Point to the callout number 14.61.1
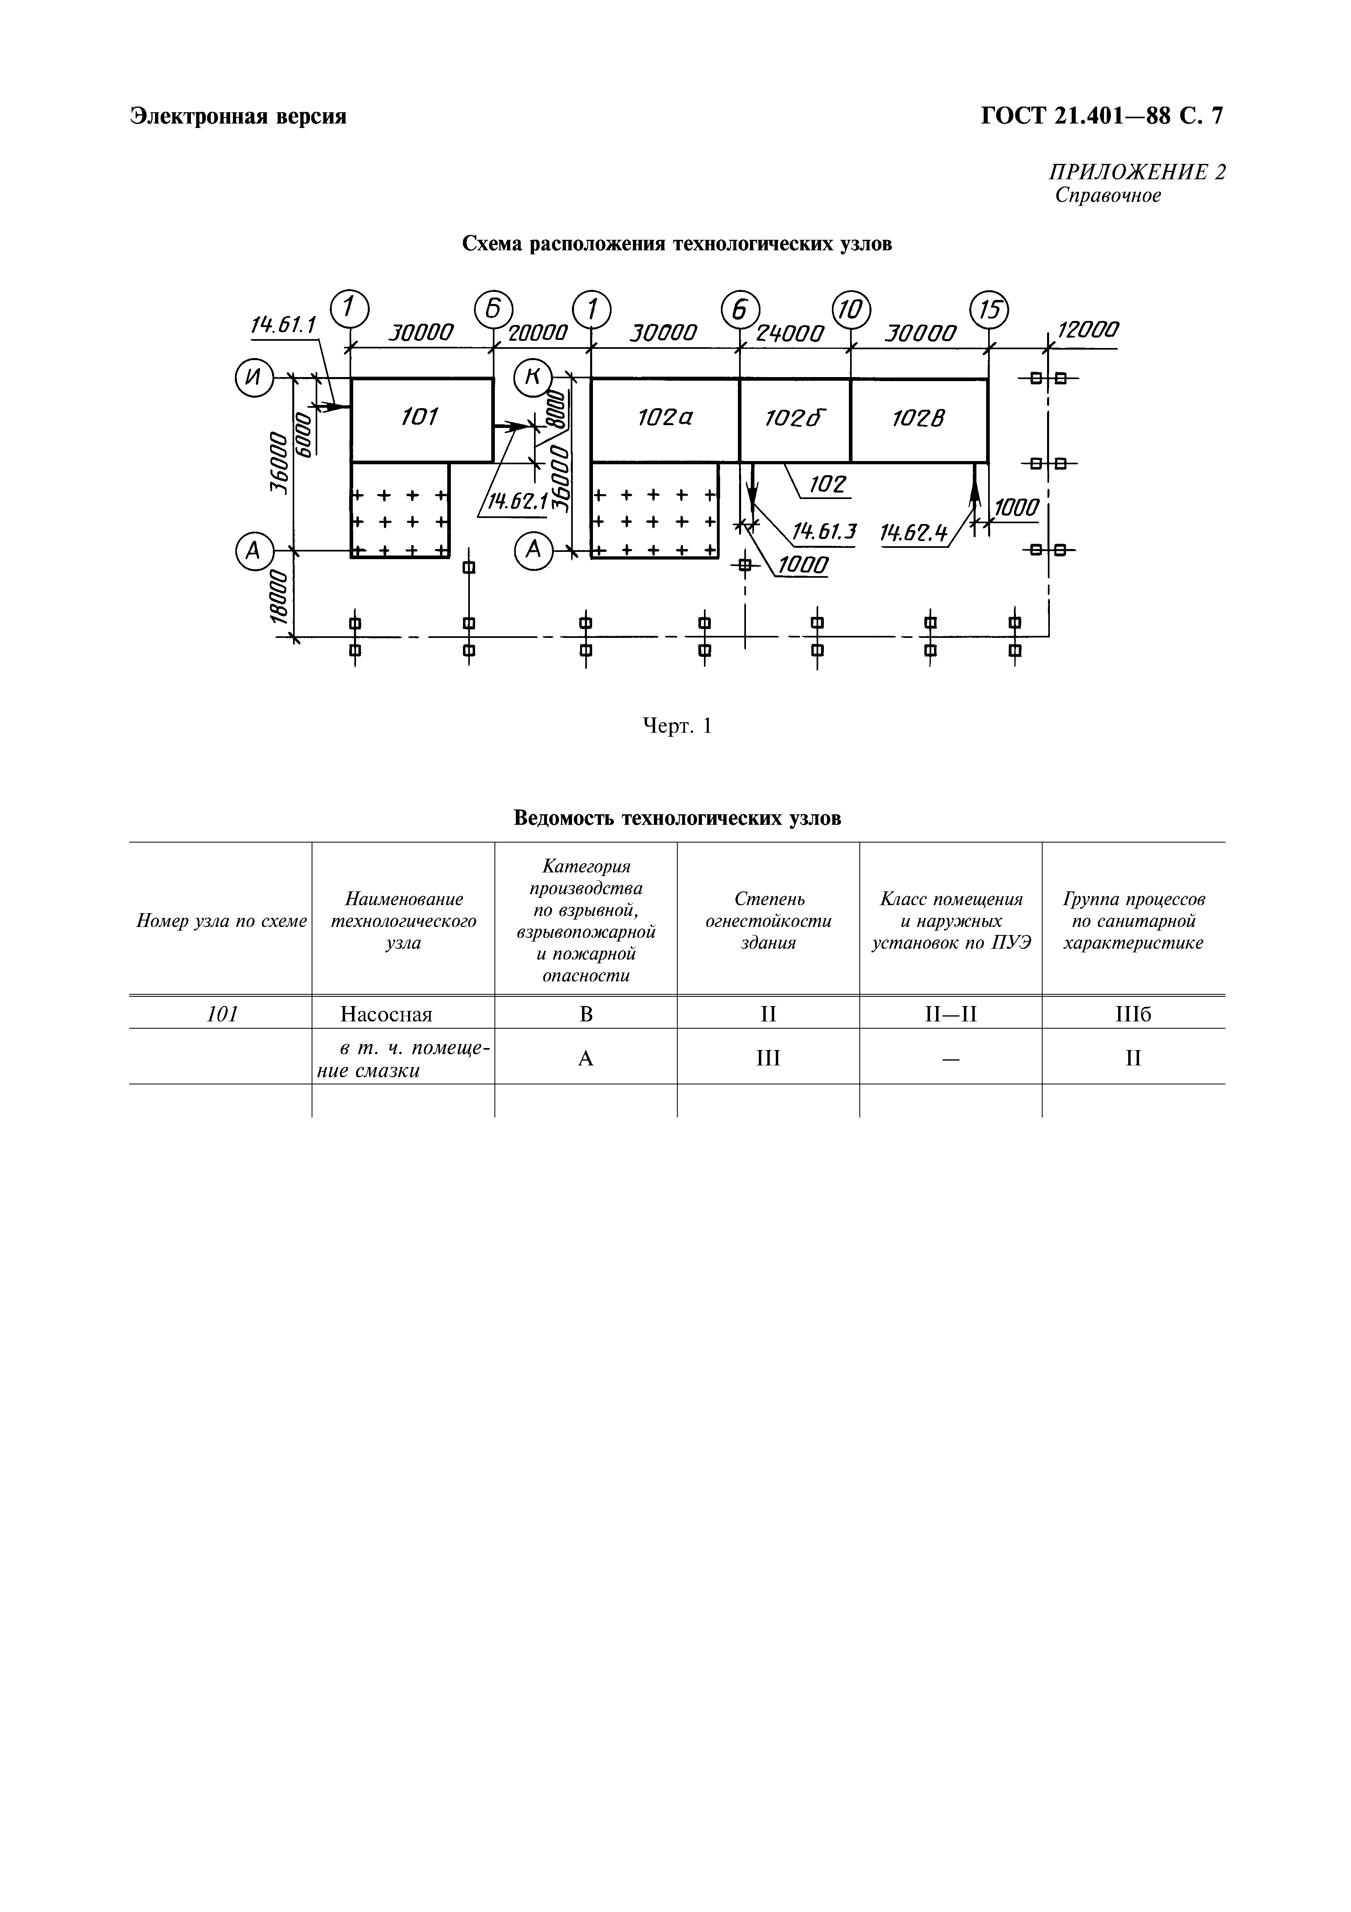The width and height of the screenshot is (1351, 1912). (x=283, y=325)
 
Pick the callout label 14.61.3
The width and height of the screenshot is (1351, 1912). (x=824, y=530)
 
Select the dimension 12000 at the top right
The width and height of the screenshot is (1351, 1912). (x=1087, y=330)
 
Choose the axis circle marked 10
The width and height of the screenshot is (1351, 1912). (x=851, y=310)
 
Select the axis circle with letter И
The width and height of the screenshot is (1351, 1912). (x=254, y=379)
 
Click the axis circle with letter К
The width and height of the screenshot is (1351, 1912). (x=533, y=379)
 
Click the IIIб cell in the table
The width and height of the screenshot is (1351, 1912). (x=1133, y=1014)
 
